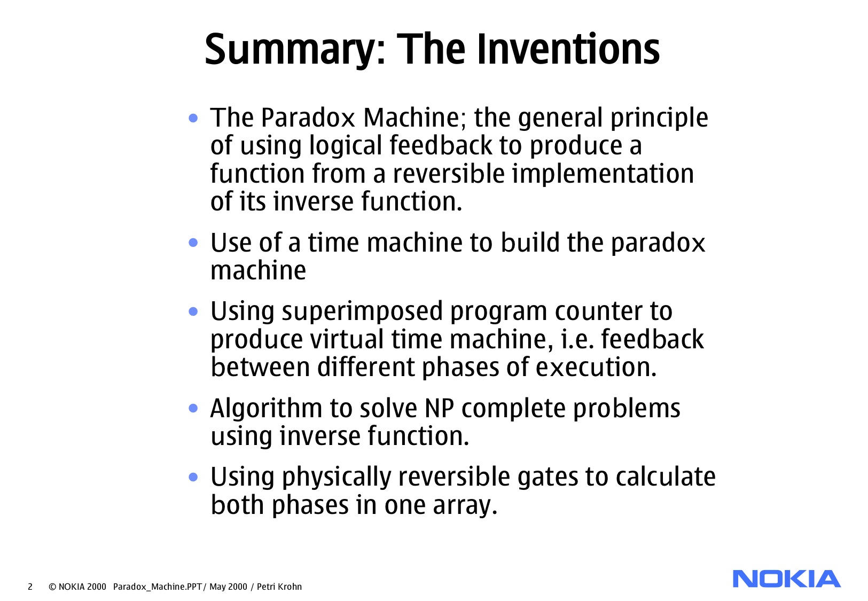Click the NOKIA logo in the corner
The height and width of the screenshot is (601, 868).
(786, 579)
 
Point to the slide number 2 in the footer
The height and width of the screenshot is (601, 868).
(30, 587)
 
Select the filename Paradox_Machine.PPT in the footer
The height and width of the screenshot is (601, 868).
(158, 587)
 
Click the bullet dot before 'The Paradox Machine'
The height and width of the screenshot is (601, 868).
(193, 118)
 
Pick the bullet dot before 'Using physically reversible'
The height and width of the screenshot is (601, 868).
(193, 477)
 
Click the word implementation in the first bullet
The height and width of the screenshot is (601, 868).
(603, 174)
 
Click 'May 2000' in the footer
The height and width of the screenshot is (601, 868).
(228, 587)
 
